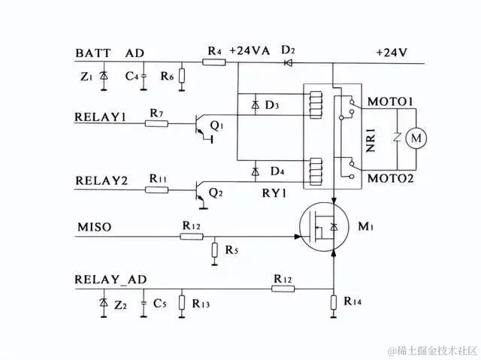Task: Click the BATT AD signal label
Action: pyautogui.click(x=110, y=53)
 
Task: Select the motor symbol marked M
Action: pyautogui.click(x=413, y=138)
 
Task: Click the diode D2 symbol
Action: pyautogui.click(x=287, y=63)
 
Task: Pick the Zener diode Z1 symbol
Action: pyautogui.click(x=104, y=77)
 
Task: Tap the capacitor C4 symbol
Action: pyautogui.click(x=144, y=77)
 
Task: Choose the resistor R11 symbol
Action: pyautogui.click(x=156, y=189)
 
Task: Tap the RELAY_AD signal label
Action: pyautogui.click(x=111, y=280)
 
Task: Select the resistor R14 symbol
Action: pyautogui.click(x=333, y=304)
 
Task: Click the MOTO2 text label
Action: pyautogui.click(x=390, y=179)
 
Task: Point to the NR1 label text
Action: pyautogui.click(x=371, y=140)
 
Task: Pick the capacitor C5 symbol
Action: pyautogui.click(x=143, y=304)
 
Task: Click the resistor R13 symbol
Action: pyautogui.click(x=181, y=304)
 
